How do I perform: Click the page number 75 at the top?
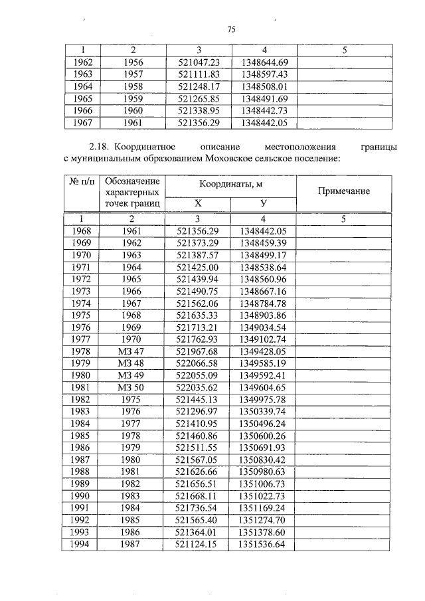tap(232, 29)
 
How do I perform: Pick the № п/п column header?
tap(80, 181)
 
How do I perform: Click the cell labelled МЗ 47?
tap(131, 351)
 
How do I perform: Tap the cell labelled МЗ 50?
tap(131, 387)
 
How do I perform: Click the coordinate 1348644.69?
tap(263, 62)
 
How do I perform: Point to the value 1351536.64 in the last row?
tap(263, 545)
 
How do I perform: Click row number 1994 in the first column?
tap(80, 545)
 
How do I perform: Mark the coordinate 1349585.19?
tap(263, 363)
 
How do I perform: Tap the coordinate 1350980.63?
tap(263, 472)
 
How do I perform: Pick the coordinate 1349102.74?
tap(263, 339)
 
